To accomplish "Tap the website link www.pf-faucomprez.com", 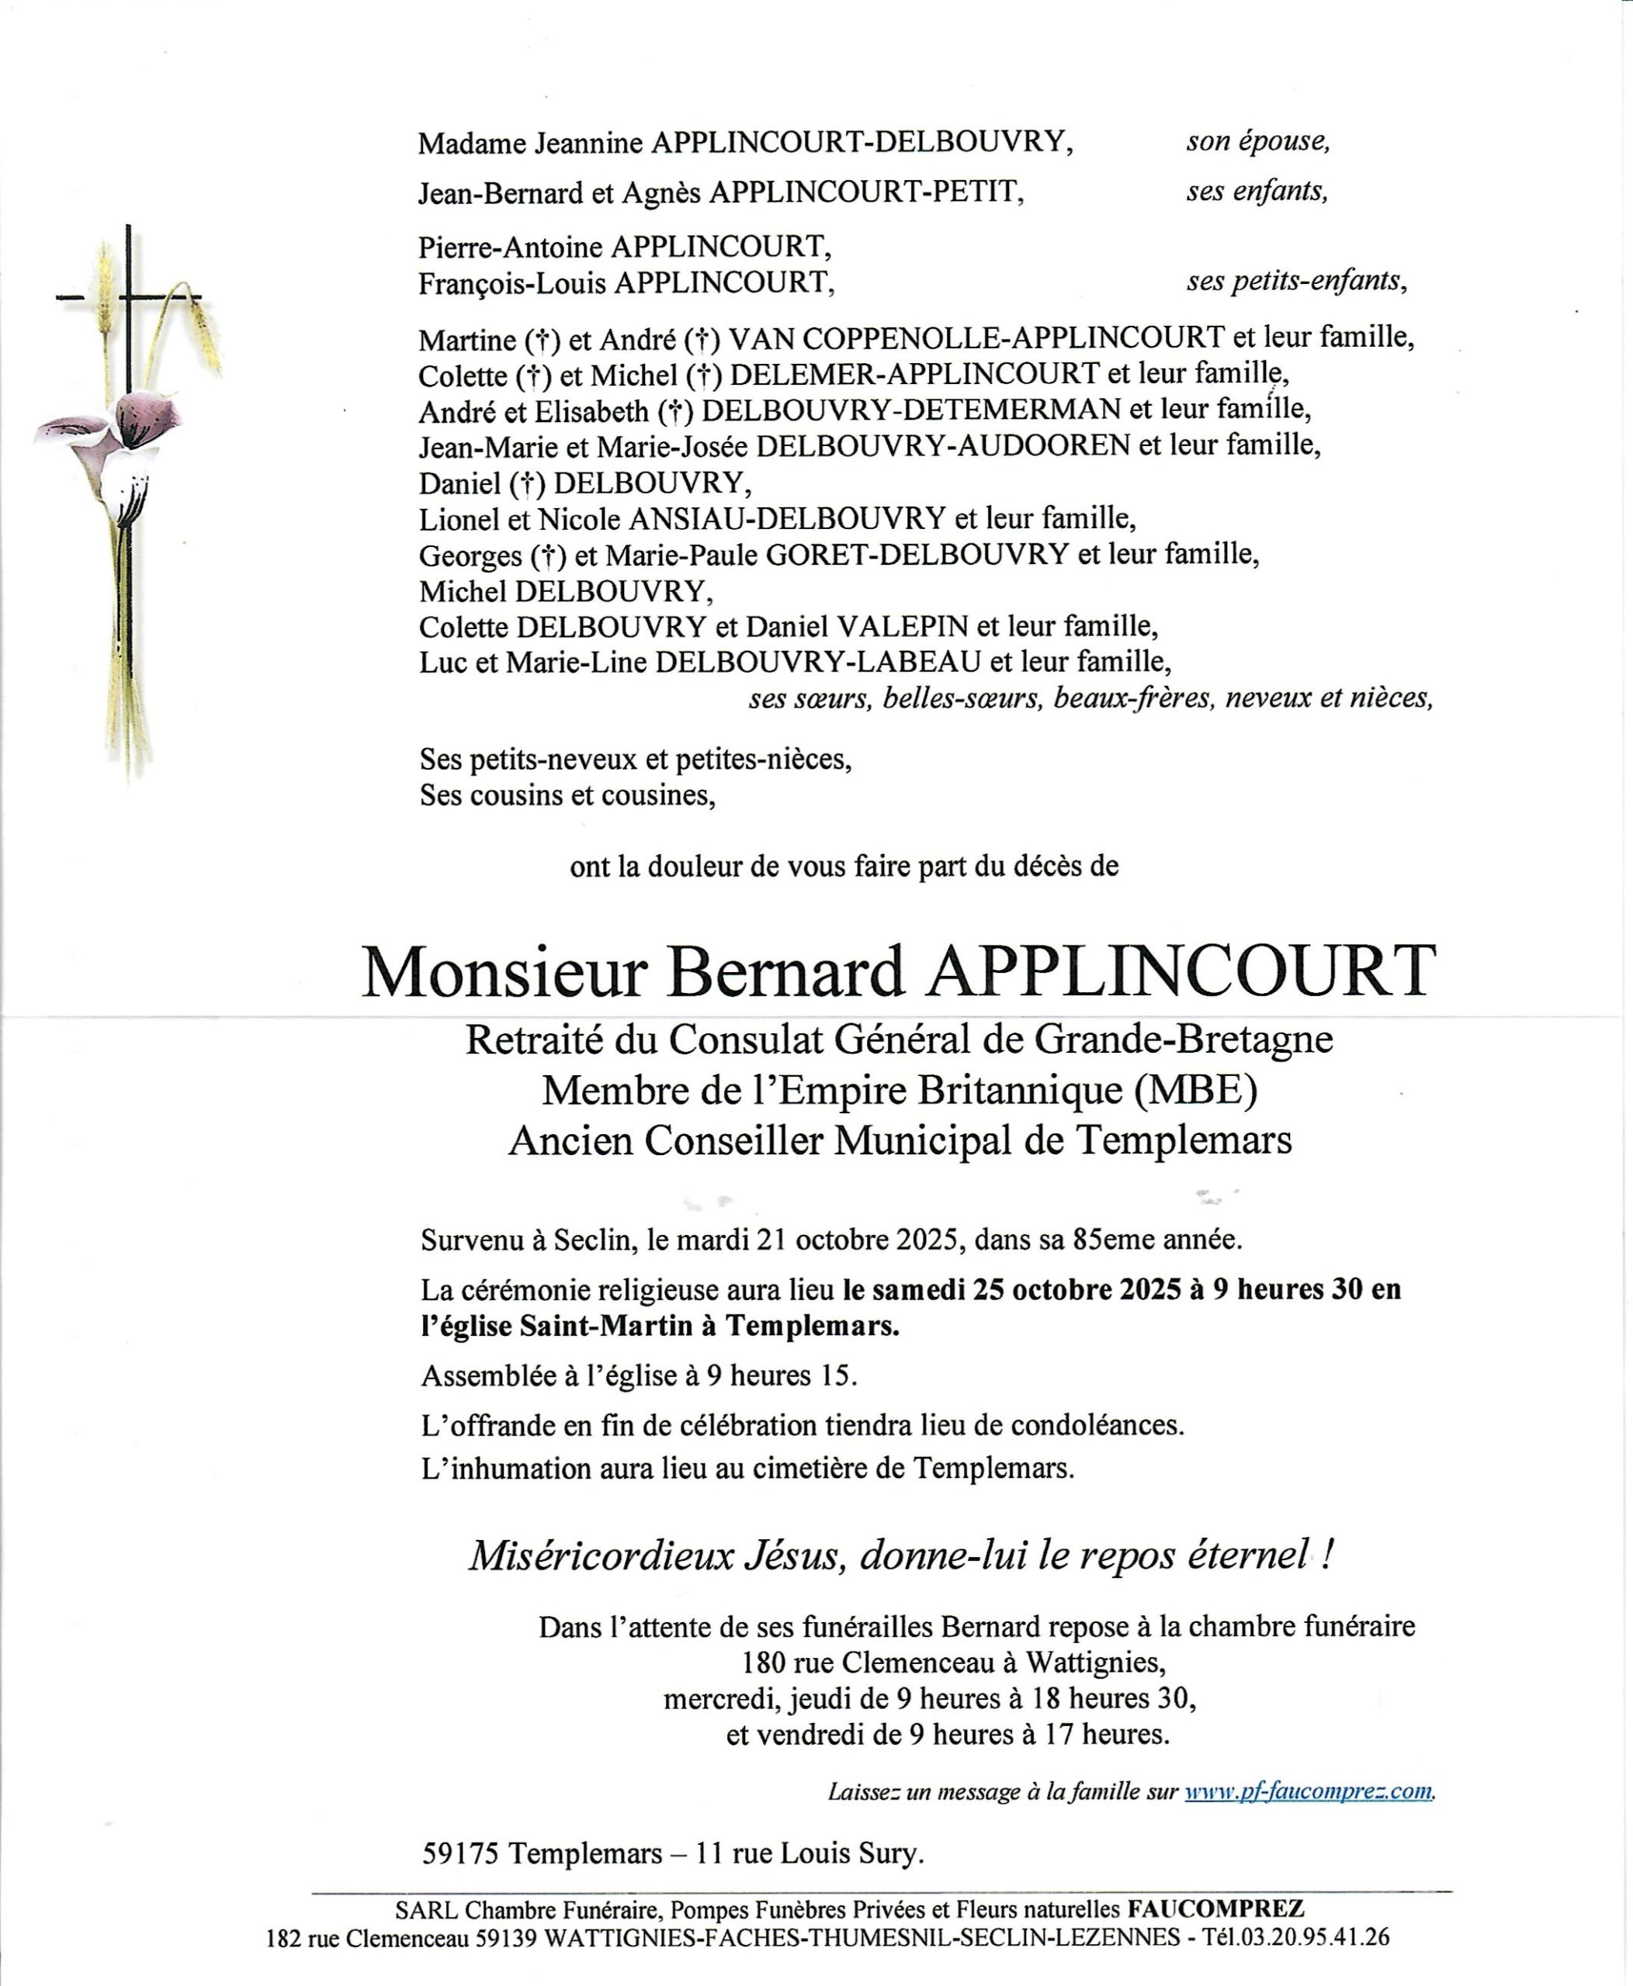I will point(1309,1791).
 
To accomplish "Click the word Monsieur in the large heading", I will point(505,972).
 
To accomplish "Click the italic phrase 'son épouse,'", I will point(1257,141).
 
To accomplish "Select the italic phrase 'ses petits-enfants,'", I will point(1296,280).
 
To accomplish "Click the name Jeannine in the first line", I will point(589,143).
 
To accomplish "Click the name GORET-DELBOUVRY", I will point(917,555).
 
